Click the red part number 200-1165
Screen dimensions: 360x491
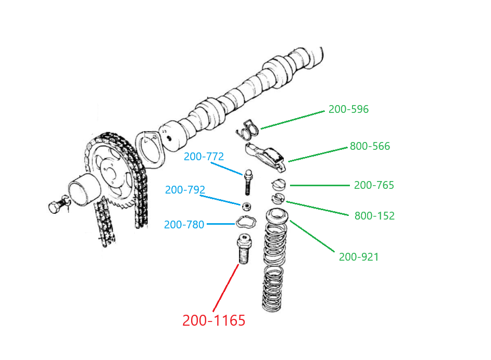coord(213,321)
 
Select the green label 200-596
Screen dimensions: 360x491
coord(348,110)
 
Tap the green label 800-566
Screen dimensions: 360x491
coord(370,147)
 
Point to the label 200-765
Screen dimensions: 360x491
coord(374,185)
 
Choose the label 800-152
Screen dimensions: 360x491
coord(374,216)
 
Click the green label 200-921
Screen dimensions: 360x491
coord(359,257)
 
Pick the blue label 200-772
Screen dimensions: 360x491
coord(204,157)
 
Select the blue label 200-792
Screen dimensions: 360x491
coord(185,190)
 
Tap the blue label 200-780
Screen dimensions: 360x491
coord(184,225)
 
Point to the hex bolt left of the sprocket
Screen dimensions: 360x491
coord(55,208)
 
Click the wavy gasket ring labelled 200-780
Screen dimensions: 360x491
coord(245,222)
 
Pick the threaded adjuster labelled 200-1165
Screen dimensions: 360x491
coord(244,250)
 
